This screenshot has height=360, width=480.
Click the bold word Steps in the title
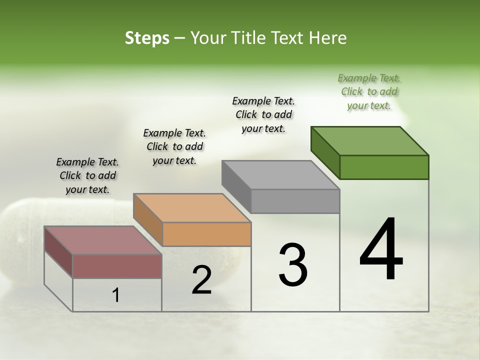(x=147, y=38)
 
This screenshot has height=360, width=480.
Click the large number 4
(x=381, y=250)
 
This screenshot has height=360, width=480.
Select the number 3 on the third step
(x=292, y=265)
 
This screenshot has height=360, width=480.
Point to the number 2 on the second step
(x=201, y=280)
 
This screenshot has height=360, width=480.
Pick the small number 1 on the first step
(x=116, y=295)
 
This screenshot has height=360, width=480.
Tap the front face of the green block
(x=384, y=167)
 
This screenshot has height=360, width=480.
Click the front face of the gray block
(x=295, y=201)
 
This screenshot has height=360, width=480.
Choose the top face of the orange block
(x=192, y=208)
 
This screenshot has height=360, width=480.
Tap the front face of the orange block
(x=206, y=234)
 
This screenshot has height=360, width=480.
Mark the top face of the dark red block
(x=103, y=240)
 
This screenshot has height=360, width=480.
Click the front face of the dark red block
(x=117, y=266)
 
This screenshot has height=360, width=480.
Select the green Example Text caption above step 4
(x=369, y=91)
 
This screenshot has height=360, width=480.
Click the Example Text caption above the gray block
(x=263, y=114)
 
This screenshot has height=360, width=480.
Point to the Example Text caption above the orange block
(x=174, y=146)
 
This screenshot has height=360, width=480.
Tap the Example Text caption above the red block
(x=87, y=175)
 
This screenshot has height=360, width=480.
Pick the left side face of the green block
(x=325, y=152)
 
